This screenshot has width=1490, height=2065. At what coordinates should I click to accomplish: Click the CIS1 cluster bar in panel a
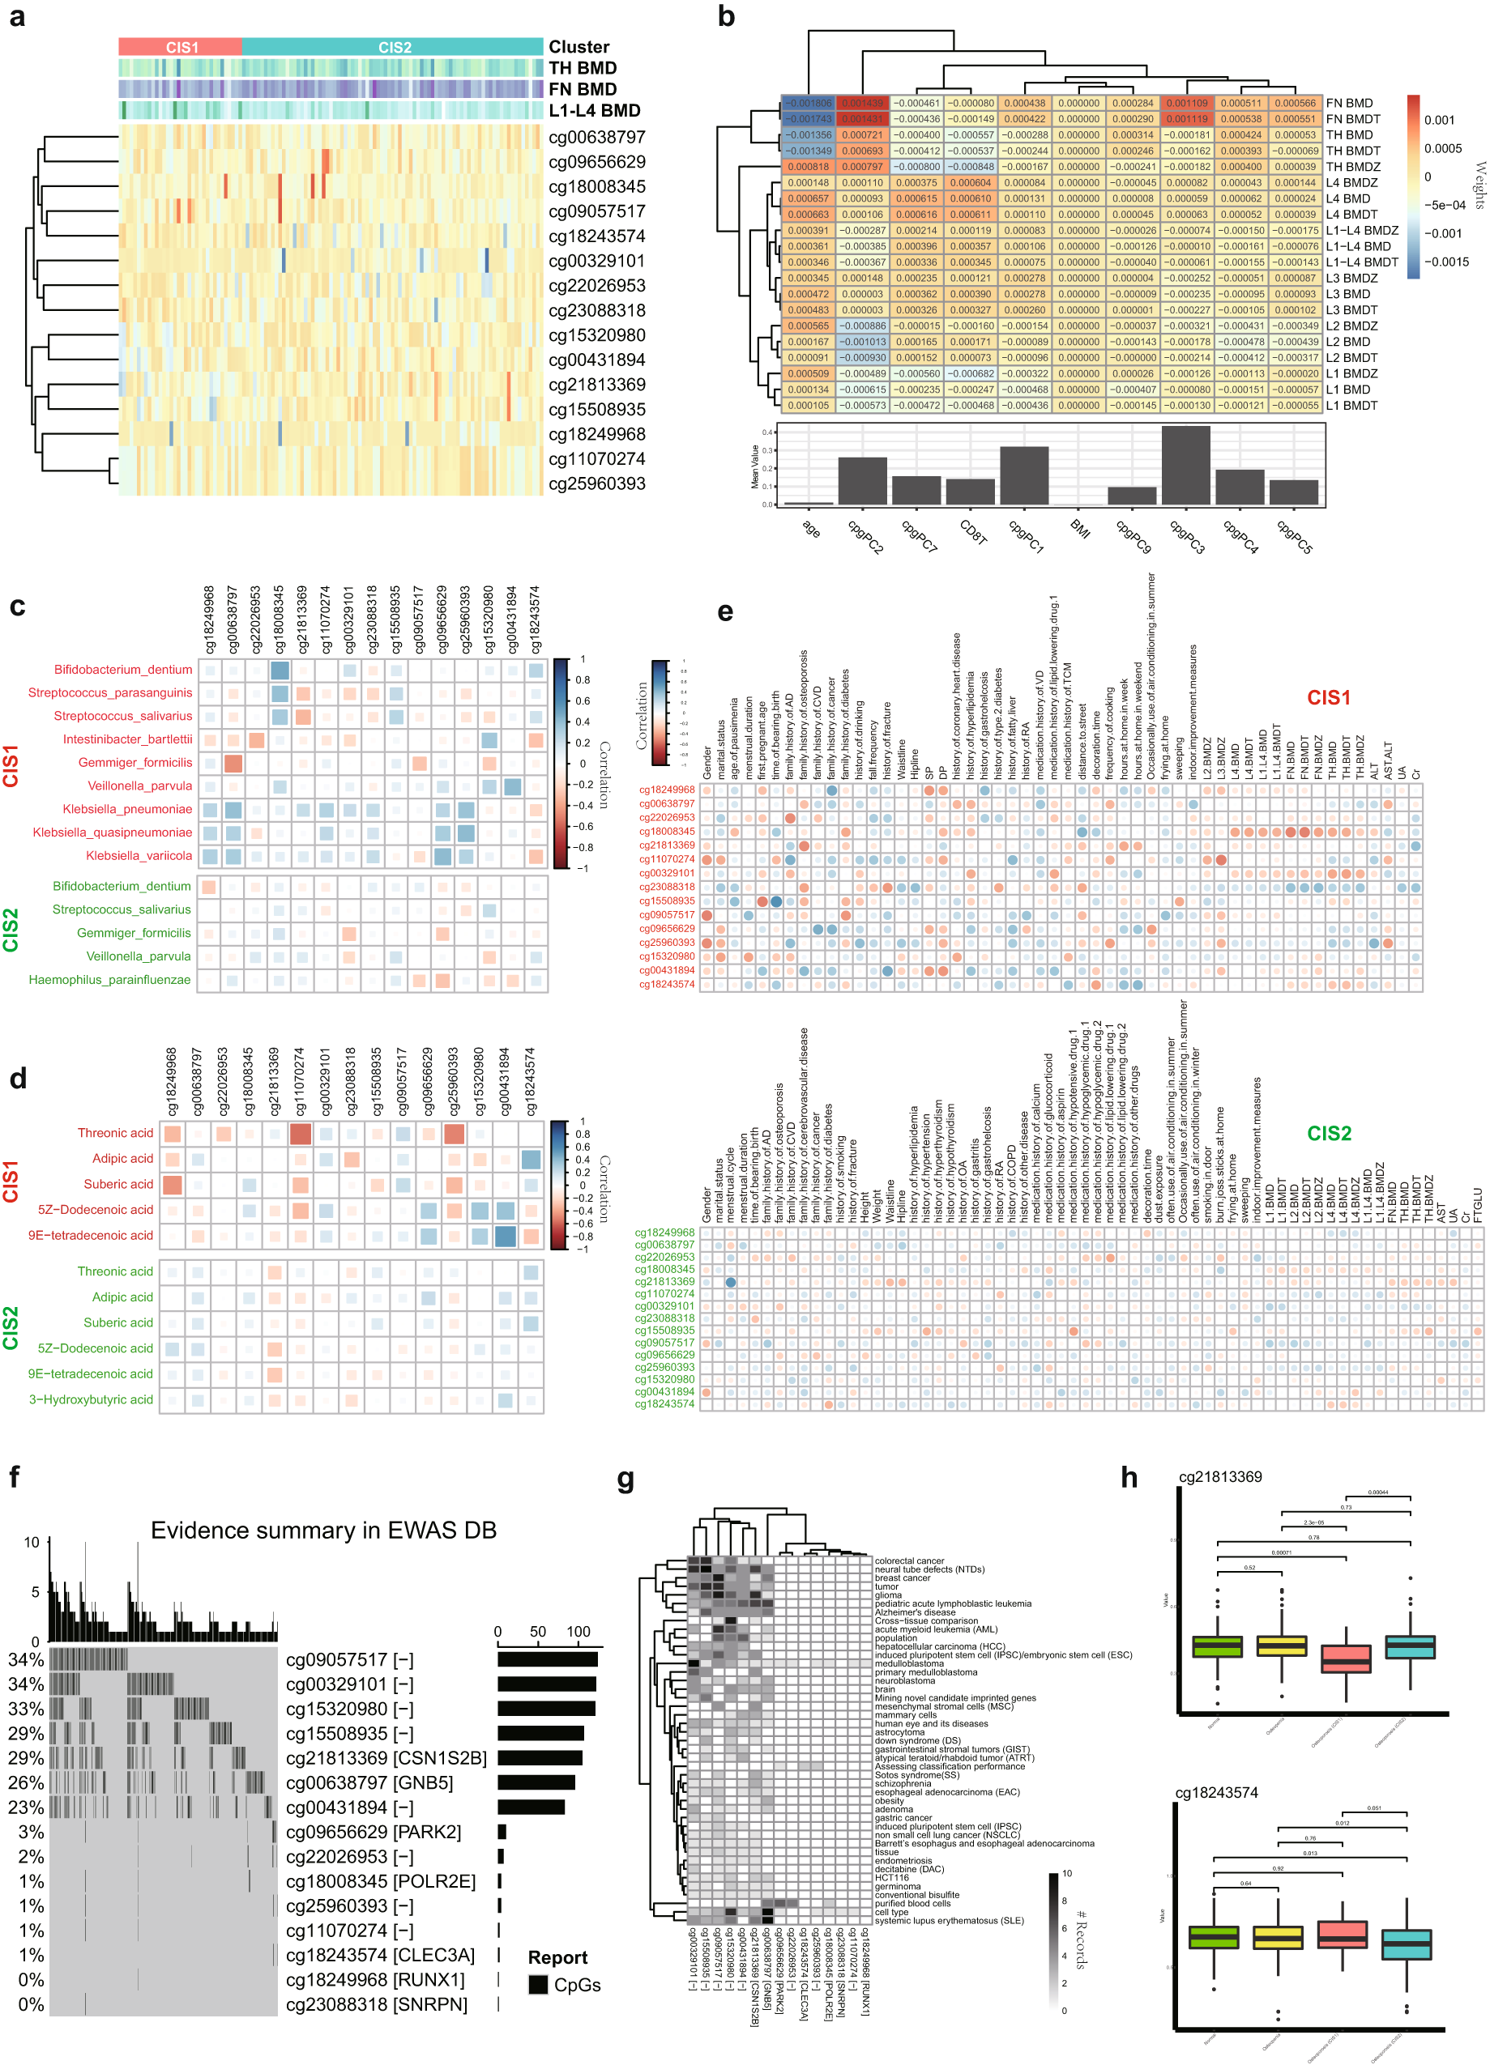(x=181, y=47)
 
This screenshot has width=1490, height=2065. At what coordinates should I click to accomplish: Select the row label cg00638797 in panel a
(x=596, y=138)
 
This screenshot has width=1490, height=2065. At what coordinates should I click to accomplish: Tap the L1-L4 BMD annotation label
(x=594, y=110)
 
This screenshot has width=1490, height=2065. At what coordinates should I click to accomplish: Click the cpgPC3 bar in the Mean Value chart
(x=1186, y=466)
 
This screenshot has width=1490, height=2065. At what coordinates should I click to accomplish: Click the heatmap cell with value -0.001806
(x=809, y=103)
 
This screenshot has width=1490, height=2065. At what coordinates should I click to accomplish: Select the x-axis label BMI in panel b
(x=1079, y=528)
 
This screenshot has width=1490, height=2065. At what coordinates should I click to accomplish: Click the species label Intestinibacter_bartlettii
(x=127, y=739)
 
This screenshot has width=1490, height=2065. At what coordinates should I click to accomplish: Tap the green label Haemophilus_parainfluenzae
(x=109, y=980)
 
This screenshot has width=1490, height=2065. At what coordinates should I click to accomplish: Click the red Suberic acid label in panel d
(x=118, y=1184)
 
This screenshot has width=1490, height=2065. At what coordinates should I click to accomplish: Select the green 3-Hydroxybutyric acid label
(x=91, y=1399)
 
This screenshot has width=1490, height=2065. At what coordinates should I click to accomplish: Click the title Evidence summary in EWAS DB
(x=323, y=1530)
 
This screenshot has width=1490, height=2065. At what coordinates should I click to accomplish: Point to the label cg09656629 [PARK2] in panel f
(x=374, y=1831)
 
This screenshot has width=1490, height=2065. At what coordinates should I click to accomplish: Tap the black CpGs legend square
(x=538, y=1984)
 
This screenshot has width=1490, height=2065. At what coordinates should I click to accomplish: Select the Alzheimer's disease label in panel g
(x=916, y=1612)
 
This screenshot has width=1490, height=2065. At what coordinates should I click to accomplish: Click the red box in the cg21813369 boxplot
(x=1345, y=1658)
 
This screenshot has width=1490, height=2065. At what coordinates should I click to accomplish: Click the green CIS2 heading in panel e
(x=1328, y=1134)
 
